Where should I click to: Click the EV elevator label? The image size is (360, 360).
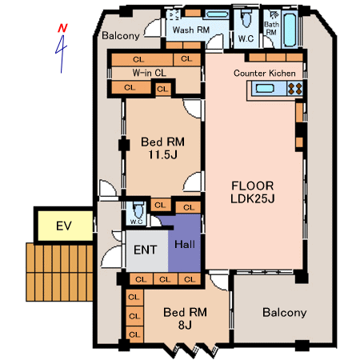pyautogui.click(x=64, y=226)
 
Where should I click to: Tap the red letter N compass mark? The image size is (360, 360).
pyautogui.click(x=62, y=28)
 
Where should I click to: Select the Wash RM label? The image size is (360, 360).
pyautogui.click(x=191, y=30)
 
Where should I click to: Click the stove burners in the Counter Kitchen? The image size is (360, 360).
pyautogui.click(x=295, y=88)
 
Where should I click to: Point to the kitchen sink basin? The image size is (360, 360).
pyautogui.click(x=265, y=88)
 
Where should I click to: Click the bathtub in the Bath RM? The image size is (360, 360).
pyautogui.click(x=290, y=30)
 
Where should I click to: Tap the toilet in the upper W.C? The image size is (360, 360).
pyautogui.click(x=246, y=19)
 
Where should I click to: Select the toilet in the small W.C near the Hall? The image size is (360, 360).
pyautogui.click(x=138, y=210)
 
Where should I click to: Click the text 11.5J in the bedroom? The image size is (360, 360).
pyautogui.click(x=162, y=154)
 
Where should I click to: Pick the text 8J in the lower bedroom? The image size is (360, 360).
pyautogui.click(x=185, y=325)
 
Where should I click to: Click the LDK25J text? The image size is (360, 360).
pyautogui.click(x=253, y=198)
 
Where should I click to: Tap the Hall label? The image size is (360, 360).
pyautogui.click(x=185, y=244)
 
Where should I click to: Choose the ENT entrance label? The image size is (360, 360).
pyautogui.click(x=145, y=250)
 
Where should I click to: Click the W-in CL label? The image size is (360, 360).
pyautogui.click(x=150, y=73)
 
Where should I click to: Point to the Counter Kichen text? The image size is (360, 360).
pyautogui.click(x=265, y=73)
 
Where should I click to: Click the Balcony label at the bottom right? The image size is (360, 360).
pyautogui.click(x=285, y=313)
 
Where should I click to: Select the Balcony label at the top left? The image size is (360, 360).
pyautogui.click(x=121, y=36)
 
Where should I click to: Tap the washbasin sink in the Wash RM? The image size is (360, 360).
pyautogui.click(x=216, y=14)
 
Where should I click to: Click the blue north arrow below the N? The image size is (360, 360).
pyautogui.click(x=62, y=54)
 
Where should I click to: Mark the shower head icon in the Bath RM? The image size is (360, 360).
pyautogui.click(x=273, y=15)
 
